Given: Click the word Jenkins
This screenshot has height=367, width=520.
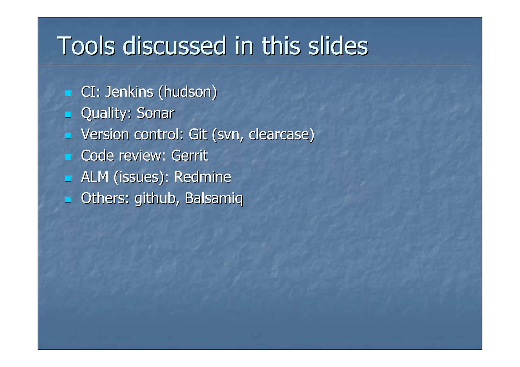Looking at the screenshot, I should [129, 92].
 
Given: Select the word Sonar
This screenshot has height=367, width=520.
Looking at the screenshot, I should [155, 113].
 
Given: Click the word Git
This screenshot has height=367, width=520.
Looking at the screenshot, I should [198, 134].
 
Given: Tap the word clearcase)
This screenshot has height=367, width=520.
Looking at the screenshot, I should [282, 134].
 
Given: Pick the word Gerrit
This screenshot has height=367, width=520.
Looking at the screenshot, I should [189, 155].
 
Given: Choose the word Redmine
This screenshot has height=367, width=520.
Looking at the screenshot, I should [203, 177].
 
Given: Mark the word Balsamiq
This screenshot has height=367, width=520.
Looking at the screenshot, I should [214, 198].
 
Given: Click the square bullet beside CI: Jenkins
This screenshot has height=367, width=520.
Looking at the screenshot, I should [68, 93].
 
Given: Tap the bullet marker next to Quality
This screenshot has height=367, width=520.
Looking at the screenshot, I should [68, 114].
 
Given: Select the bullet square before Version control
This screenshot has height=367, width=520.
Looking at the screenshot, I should [68, 136].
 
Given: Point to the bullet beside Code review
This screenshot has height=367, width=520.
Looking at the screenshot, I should [68, 157].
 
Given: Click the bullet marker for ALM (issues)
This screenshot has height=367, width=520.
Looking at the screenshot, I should [68, 178].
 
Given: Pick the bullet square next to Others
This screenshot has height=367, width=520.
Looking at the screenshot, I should [68, 200].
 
